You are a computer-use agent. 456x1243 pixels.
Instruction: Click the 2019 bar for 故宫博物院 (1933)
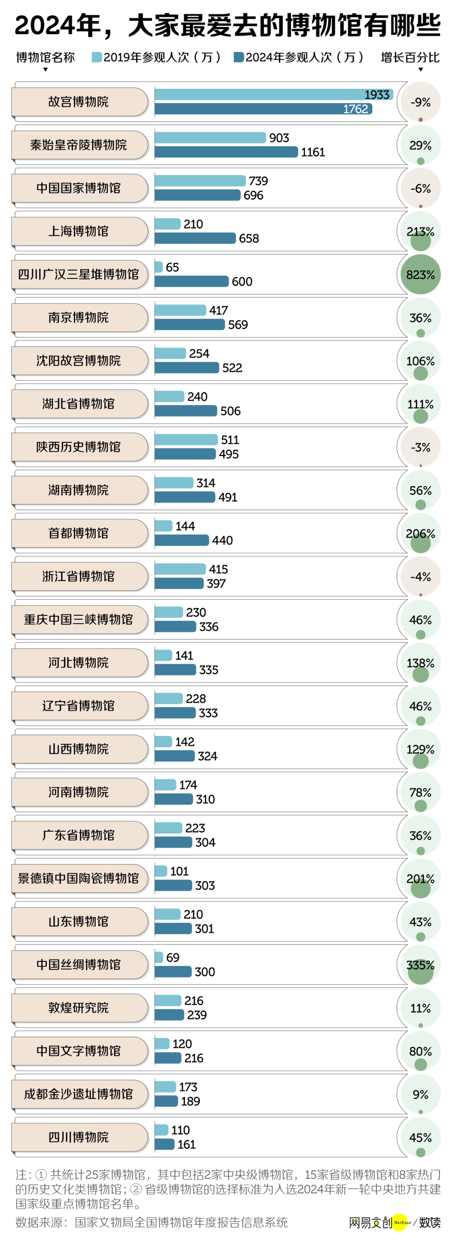pyautogui.click(x=274, y=95)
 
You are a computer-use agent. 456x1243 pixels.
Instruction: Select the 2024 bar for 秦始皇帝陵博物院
pyautogui.click(x=226, y=152)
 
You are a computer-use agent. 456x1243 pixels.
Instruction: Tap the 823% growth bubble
pyautogui.click(x=420, y=275)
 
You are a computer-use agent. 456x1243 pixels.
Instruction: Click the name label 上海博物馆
pyautogui.click(x=79, y=231)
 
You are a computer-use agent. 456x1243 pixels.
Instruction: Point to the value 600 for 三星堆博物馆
pyautogui.click(x=242, y=282)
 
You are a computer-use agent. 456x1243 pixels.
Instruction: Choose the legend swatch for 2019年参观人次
pyautogui.click(x=97, y=57)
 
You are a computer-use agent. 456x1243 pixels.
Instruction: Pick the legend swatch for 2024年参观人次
pyautogui.click(x=238, y=57)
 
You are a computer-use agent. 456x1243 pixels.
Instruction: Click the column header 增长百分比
pyautogui.click(x=410, y=57)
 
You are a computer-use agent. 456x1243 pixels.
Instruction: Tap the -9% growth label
pyautogui.click(x=420, y=103)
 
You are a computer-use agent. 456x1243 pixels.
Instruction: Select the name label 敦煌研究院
pyautogui.click(x=79, y=1007)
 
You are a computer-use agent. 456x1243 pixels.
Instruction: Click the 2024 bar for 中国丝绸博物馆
pyautogui.click(x=173, y=971)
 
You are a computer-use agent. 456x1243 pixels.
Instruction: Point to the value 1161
pyautogui.click(x=313, y=153)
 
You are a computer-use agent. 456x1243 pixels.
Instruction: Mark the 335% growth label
pyautogui.click(x=420, y=965)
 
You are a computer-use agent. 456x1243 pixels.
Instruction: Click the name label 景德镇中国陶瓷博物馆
pyautogui.click(x=79, y=878)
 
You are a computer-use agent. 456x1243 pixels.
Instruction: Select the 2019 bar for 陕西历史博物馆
pyautogui.click(x=186, y=440)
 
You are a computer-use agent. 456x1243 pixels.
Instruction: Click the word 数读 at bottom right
pyautogui.click(x=430, y=1222)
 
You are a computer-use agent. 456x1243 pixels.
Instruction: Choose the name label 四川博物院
pyautogui.click(x=79, y=1137)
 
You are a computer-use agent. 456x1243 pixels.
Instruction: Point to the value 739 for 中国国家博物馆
pyautogui.click(x=259, y=181)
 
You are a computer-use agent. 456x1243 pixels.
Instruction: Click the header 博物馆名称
pyautogui.click(x=46, y=57)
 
